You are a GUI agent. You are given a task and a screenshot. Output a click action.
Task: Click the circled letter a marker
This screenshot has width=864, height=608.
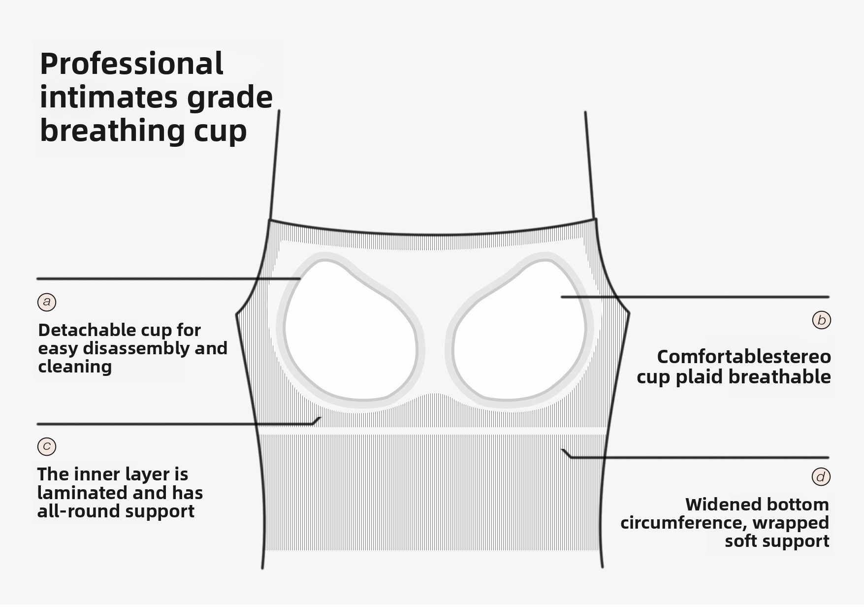pyautogui.click(x=47, y=302)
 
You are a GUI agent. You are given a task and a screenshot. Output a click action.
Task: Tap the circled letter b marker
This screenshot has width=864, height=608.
pyautogui.click(x=821, y=320)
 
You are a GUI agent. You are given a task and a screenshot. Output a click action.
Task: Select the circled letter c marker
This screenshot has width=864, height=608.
pyautogui.click(x=47, y=446)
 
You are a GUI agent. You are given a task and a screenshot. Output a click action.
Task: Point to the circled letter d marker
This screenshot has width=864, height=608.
pyautogui.click(x=821, y=476)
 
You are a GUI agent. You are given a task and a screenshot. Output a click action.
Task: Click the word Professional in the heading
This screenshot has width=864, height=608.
pyautogui.click(x=131, y=64)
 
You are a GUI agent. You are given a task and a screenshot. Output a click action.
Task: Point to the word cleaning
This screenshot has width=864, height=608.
pyautogui.click(x=75, y=367)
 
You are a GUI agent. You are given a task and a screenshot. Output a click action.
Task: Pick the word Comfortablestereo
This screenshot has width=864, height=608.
pyautogui.click(x=744, y=356)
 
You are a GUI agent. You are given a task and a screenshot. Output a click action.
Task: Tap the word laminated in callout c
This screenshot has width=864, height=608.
pyautogui.click(x=77, y=493)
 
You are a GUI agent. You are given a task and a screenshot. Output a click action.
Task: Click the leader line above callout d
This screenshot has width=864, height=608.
pyautogui.click(x=699, y=457)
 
